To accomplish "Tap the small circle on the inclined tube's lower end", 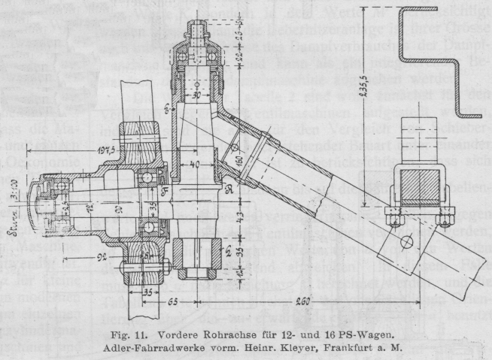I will click(405, 241).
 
